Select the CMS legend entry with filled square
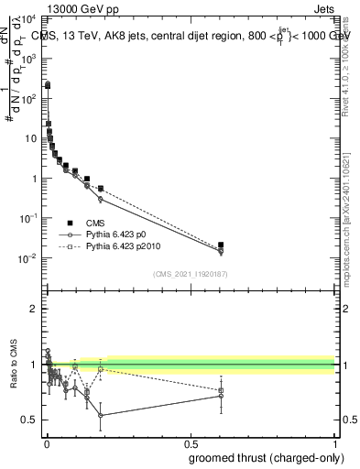(x=91, y=222)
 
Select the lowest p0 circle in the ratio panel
(x=100, y=415)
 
